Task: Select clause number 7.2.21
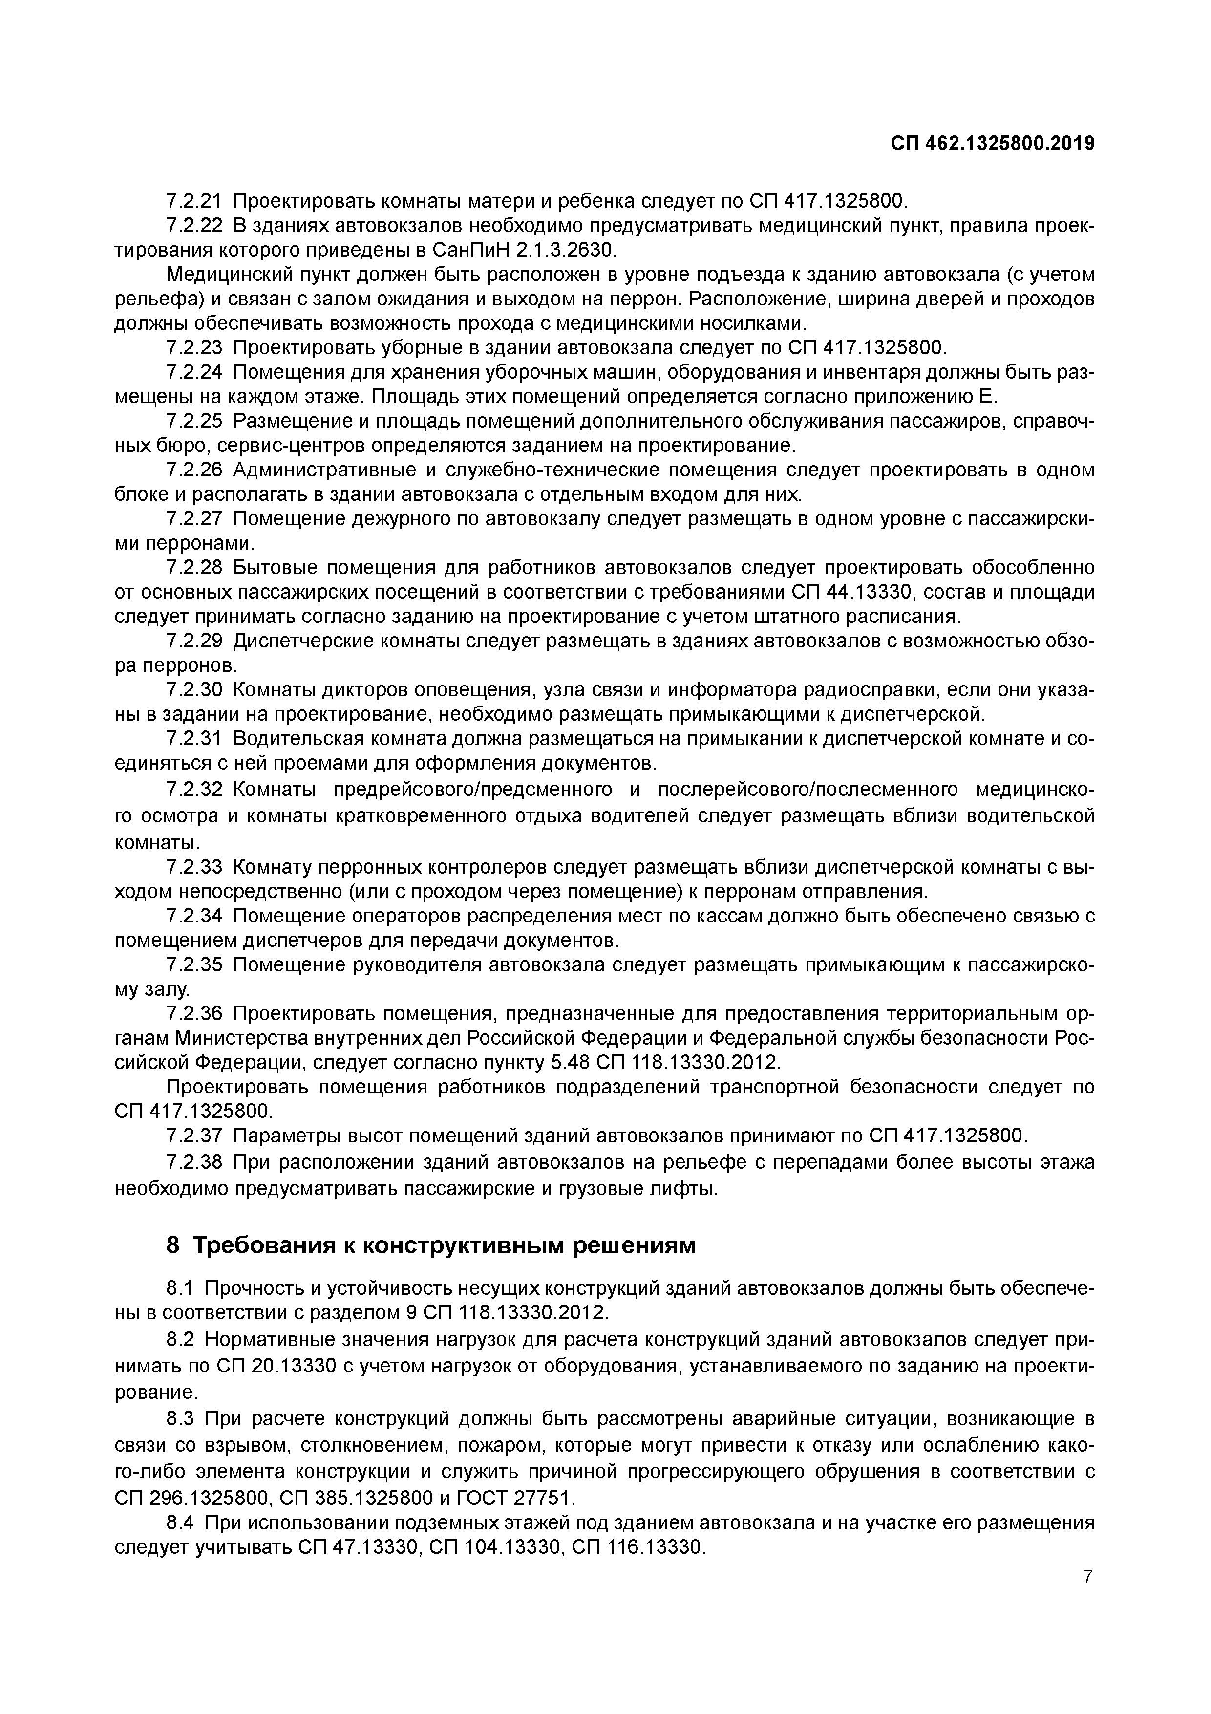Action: [x=195, y=202]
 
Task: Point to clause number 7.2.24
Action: [x=195, y=372]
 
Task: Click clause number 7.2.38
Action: [x=195, y=1163]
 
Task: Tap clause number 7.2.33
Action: [x=195, y=867]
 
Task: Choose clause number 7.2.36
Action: [x=195, y=1014]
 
